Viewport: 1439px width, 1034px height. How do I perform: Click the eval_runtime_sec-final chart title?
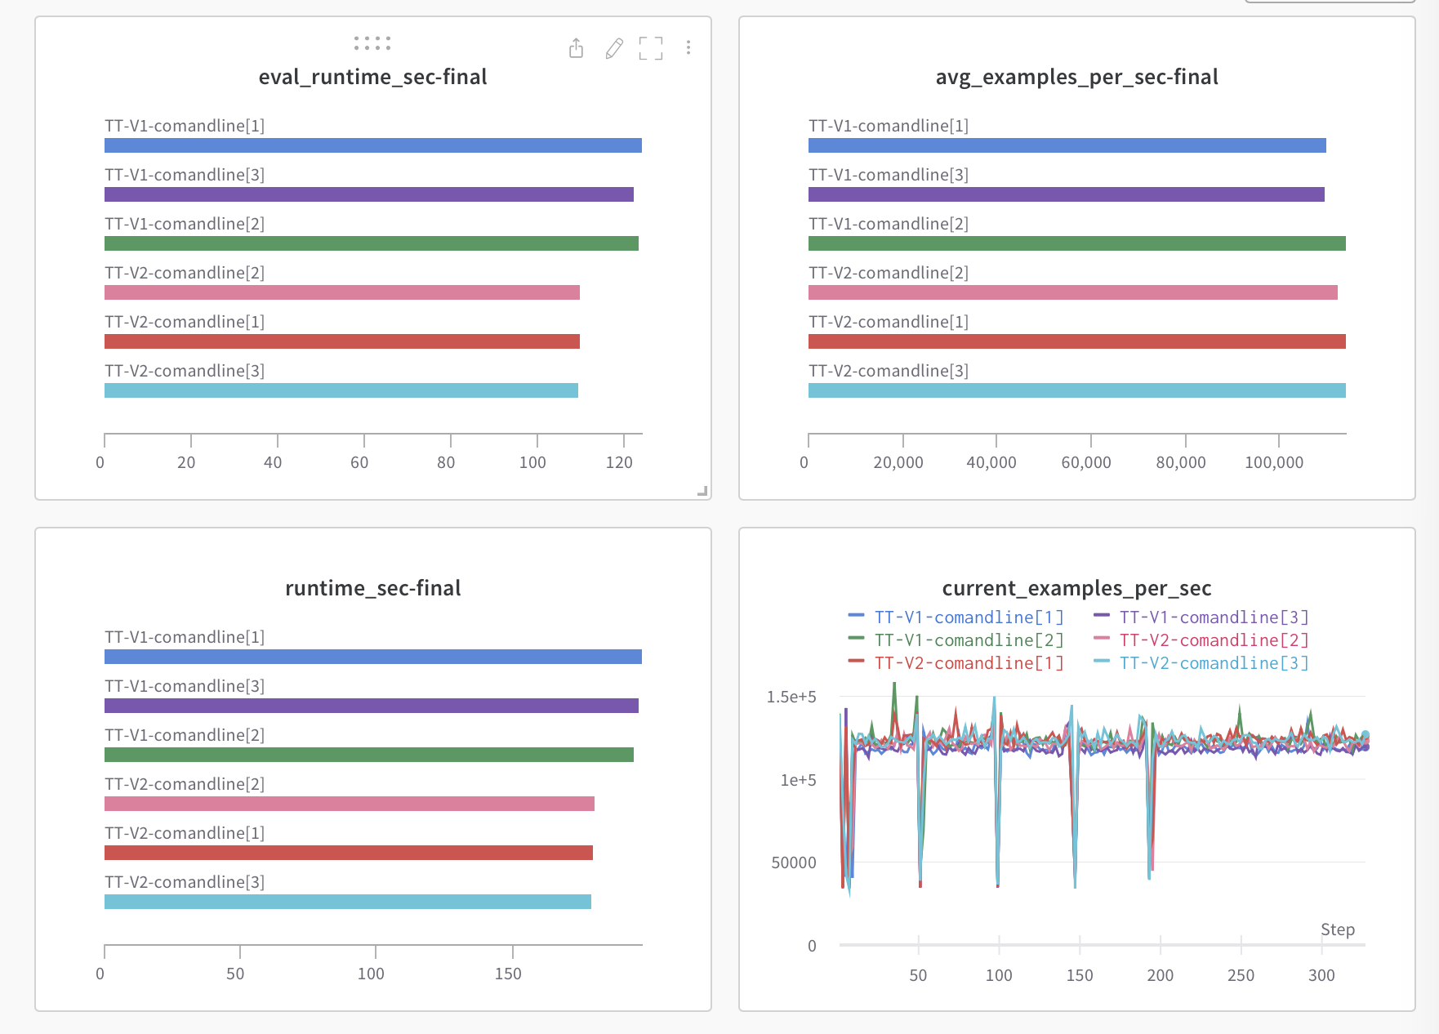pos(372,77)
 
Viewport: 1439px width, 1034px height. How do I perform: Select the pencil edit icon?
pos(614,49)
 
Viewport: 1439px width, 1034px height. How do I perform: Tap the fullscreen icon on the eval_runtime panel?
pos(651,49)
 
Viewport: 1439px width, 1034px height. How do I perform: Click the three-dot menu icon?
pos(688,48)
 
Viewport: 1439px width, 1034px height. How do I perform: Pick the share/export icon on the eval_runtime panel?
pos(577,49)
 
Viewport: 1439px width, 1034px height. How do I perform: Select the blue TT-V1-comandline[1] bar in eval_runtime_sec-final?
pos(372,146)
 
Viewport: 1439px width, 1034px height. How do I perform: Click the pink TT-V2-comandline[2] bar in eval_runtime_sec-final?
pos(341,292)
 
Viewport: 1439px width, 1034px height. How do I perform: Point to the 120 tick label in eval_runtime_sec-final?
pos(619,462)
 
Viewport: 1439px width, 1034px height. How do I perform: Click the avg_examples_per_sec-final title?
pos(1076,77)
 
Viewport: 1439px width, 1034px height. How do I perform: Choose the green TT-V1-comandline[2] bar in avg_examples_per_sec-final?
pos(1076,243)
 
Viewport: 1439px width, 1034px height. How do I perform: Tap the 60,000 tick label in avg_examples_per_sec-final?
pos(1086,462)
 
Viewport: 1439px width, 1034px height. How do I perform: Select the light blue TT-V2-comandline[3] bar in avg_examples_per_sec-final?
pos(1076,390)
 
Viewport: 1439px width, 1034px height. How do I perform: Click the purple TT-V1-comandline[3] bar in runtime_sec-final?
pos(371,706)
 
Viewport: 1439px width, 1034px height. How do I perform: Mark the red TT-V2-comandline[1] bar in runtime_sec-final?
pos(348,853)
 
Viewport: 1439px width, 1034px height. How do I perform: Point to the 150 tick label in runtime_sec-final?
pos(508,974)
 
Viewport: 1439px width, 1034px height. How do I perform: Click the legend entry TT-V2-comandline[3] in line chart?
pos(1214,663)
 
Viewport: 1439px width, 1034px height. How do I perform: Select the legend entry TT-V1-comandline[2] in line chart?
pos(969,640)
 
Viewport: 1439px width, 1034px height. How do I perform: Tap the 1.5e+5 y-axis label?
pos(791,697)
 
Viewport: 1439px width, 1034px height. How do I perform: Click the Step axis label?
pos(1337,929)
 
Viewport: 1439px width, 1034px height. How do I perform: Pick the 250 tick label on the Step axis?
pos(1241,975)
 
